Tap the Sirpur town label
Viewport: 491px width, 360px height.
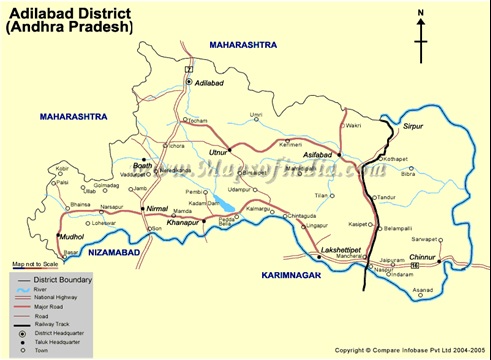click(x=400, y=128)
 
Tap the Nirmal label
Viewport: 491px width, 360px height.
click(x=158, y=208)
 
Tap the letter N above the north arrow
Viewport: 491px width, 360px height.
click(x=422, y=12)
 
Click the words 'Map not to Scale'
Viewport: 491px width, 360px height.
click(x=37, y=263)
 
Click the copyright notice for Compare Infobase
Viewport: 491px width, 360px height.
click(x=411, y=350)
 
